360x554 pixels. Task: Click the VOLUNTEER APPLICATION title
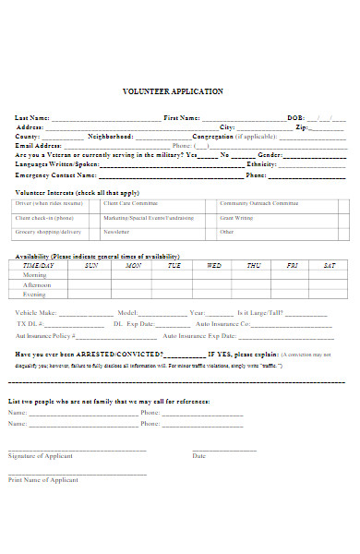tap(173, 92)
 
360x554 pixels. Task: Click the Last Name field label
tap(32, 118)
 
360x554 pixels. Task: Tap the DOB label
tap(295, 118)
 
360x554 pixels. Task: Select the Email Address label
tap(38, 146)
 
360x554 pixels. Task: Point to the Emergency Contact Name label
tap(55, 175)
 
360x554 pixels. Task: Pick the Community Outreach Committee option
tap(258, 202)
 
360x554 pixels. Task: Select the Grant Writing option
tap(236, 217)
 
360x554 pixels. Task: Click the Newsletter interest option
tap(116, 232)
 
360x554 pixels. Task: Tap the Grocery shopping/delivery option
tap(48, 232)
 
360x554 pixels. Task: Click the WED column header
tap(214, 265)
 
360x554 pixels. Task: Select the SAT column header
tap(329, 265)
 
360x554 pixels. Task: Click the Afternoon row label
tap(38, 284)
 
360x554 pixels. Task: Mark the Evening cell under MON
tap(134, 295)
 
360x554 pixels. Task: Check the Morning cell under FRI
tap(292, 275)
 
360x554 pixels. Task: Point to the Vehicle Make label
tap(36, 314)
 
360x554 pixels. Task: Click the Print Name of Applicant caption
tap(43, 480)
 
